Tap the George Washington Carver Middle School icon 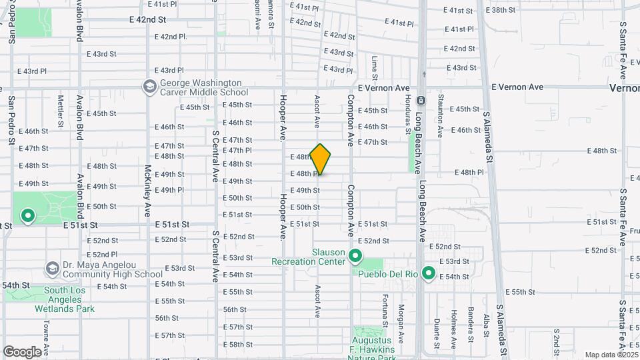click(x=149, y=87)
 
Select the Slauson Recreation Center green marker click(x=355, y=256)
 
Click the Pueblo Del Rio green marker click(x=429, y=273)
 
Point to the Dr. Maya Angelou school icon click(x=52, y=269)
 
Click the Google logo click(x=22, y=351)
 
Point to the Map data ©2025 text click(x=611, y=355)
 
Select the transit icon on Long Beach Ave click(x=421, y=100)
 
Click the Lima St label click(x=375, y=68)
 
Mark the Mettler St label click(x=60, y=110)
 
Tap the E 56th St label click(x=235, y=309)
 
